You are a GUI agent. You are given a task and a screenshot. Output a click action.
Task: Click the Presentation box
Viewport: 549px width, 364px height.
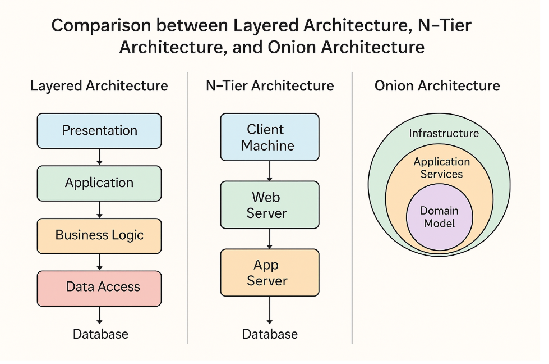[99, 131]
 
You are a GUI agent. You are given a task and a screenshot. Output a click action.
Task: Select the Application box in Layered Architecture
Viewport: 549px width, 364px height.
[99, 183]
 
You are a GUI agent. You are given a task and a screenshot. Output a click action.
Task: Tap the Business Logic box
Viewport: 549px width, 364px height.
[99, 235]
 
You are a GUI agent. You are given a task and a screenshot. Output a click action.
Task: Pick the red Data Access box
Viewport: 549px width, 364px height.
[99, 287]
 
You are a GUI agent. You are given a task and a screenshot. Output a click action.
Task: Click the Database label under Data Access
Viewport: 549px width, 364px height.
[100, 334]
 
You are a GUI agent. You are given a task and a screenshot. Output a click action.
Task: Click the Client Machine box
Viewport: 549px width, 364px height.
[269, 138]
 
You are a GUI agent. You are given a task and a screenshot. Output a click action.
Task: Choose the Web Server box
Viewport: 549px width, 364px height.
[269, 205]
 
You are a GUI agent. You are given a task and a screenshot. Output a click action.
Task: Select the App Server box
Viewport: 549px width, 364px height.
[269, 273]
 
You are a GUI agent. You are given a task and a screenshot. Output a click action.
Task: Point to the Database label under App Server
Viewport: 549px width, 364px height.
[270, 334]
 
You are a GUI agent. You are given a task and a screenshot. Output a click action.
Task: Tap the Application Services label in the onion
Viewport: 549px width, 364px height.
[441, 168]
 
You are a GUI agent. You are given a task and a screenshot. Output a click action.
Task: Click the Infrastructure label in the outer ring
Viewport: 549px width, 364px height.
[444, 133]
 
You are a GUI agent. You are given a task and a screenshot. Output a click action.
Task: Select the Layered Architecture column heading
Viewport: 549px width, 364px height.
[99, 86]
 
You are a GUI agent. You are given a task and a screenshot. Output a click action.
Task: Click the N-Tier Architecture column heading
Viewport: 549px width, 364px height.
[270, 86]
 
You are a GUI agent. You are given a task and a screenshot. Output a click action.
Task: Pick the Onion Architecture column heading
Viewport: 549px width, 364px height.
[437, 86]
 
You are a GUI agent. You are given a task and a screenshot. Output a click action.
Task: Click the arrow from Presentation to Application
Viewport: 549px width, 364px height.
[99, 157]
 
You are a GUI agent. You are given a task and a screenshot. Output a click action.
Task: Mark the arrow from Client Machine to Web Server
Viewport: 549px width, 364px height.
[270, 171]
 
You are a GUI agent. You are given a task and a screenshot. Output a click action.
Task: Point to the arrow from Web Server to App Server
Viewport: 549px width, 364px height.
[270, 239]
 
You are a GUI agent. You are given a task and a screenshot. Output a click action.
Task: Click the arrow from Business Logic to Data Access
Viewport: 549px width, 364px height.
[99, 262]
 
